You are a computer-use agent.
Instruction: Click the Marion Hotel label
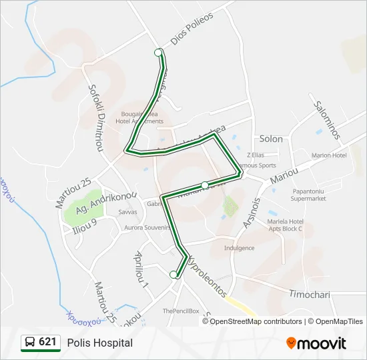[x=329, y=155]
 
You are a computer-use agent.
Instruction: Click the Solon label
[x=271, y=139]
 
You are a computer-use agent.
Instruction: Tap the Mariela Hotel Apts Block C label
[x=285, y=225]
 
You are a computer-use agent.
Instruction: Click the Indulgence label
[x=240, y=248]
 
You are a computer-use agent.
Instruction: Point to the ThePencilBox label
[x=181, y=311]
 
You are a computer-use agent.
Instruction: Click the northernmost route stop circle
[x=158, y=53]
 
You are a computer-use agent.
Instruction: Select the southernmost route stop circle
[x=173, y=275]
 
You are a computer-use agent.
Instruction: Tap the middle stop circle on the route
[x=205, y=185]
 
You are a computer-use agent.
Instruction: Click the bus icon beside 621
[x=30, y=342]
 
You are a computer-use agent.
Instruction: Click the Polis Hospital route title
[x=100, y=343]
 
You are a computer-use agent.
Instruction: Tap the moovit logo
[x=316, y=343]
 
